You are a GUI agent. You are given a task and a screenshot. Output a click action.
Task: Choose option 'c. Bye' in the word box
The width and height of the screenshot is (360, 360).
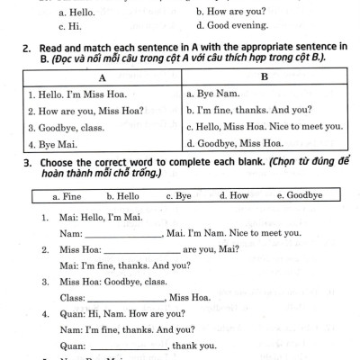tap(180, 195)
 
